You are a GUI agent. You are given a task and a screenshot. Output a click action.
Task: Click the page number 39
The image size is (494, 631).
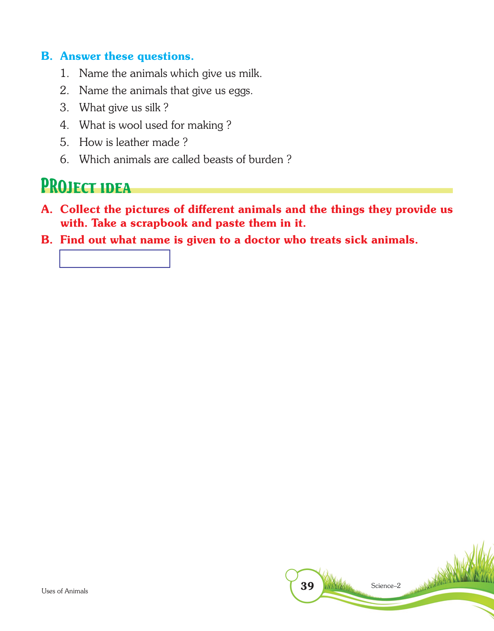coord(307,586)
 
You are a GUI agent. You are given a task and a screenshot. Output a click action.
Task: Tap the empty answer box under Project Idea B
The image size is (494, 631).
coord(115,259)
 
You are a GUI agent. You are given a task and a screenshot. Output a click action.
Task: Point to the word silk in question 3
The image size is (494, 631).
coord(153,108)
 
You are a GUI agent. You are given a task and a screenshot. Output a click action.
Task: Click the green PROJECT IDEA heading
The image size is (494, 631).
coord(86,187)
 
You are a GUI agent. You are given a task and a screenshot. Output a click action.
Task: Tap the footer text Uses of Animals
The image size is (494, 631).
coord(65,591)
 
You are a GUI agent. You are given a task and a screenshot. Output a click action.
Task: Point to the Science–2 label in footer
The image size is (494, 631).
coord(386,586)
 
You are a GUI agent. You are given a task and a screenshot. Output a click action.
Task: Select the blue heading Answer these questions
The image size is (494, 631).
coord(127,56)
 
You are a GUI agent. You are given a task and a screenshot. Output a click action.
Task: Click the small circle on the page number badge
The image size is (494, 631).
coord(292,574)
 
